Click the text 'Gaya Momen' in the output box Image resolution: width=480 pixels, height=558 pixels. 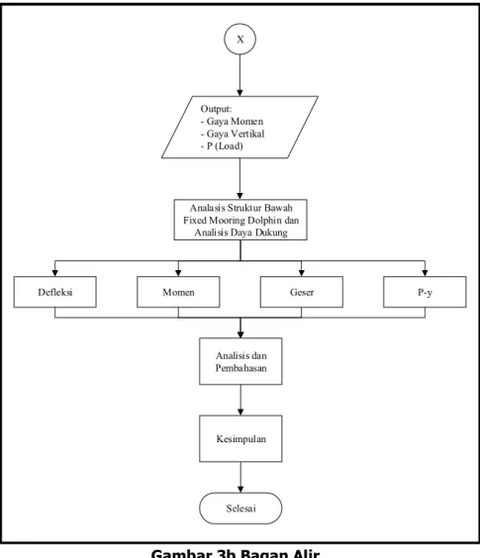click(x=235, y=122)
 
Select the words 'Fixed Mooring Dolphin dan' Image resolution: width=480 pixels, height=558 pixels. click(x=241, y=221)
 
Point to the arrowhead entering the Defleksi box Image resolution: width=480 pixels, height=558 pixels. click(x=54, y=273)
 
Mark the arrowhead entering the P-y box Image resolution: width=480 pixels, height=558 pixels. click(x=425, y=273)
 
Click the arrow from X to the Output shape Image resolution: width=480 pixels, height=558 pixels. click(x=240, y=75)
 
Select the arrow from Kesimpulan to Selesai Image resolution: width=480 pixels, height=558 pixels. click(x=240, y=477)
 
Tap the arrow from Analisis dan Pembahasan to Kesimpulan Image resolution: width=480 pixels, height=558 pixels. click(x=240, y=400)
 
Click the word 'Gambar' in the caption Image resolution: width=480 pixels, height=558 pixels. click(x=181, y=554)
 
